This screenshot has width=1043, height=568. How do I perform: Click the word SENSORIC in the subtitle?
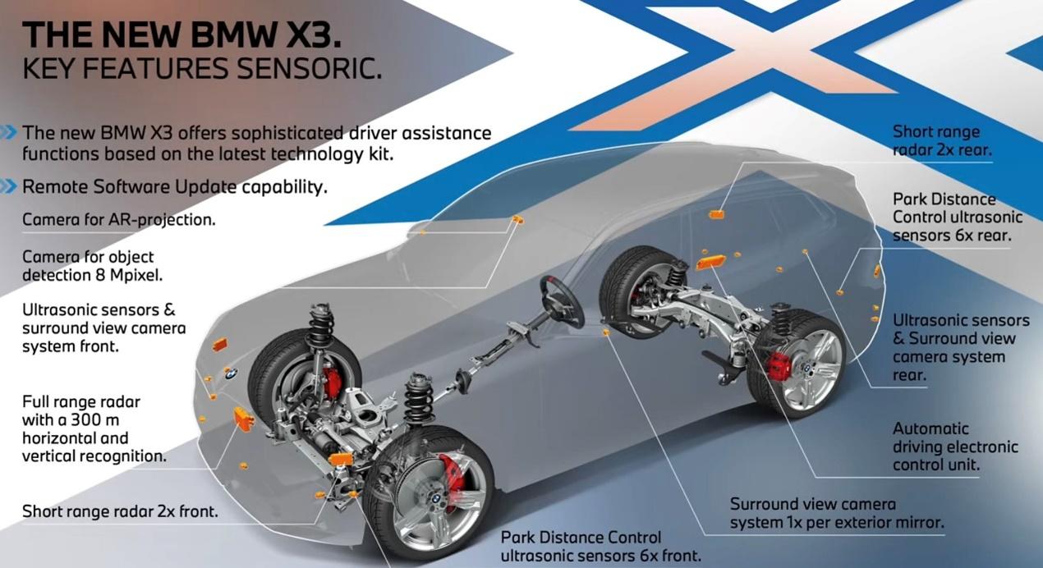coord(309,68)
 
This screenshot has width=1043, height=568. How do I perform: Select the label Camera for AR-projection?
coord(119,220)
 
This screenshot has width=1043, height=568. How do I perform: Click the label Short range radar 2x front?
coord(120,511)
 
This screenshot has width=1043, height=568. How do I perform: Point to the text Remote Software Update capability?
coord(175,187)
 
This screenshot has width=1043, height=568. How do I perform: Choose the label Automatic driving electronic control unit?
coord(955,447)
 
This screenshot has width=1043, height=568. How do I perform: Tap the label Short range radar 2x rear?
coord(942,140)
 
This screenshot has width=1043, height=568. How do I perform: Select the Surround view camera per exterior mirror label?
coord(837,513)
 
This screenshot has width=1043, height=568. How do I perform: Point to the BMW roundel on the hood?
coord(232,373)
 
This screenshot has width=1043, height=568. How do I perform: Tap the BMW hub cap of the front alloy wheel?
coord(436,498)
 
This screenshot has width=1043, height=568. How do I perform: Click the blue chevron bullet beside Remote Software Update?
coord(8,186)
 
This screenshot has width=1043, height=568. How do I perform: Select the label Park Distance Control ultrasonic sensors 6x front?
coord(600,547)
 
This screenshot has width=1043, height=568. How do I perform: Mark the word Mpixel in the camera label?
coord(136,276)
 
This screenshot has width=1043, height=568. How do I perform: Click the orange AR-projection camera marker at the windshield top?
coord(517,219)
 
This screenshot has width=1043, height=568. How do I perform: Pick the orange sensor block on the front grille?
coord(244,419)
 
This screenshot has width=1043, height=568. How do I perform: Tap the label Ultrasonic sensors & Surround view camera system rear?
coord(961,347)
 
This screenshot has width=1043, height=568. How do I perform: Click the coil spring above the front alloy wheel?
coord(418,401)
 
